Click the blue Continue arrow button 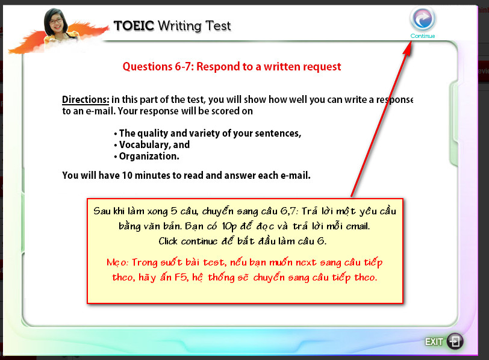click(x=423, y=19)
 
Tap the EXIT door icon click(x=455, y=341)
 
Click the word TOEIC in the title click(x=134, y=25)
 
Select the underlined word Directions click(x=86, y=99)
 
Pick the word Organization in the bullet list click(x=149, y=156)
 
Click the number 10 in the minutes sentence click(x=127, y=175)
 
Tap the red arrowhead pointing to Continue click(x=408, y=48)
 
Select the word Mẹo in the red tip click(x=117, y=262)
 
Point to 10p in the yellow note click(x=229, y=226)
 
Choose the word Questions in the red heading click(x=147, y=67)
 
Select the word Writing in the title click(x=179, y=26)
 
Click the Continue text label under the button click(x=423, y=36)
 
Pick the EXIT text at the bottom click(x=434, y=342)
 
